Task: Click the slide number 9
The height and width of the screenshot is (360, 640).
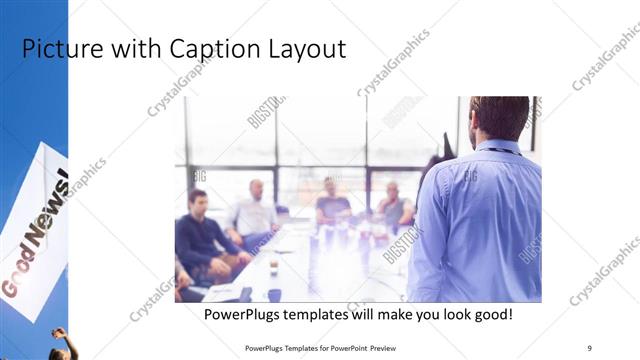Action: (x=590, y=346)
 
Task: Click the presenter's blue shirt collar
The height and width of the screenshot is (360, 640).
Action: (x=497, y=147)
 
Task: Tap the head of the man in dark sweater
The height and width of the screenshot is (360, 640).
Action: (x=197, y=198)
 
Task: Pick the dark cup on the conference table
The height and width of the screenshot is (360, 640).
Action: (x=274, y=294)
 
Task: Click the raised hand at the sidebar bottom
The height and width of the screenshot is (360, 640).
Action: (x=59, y=334)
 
